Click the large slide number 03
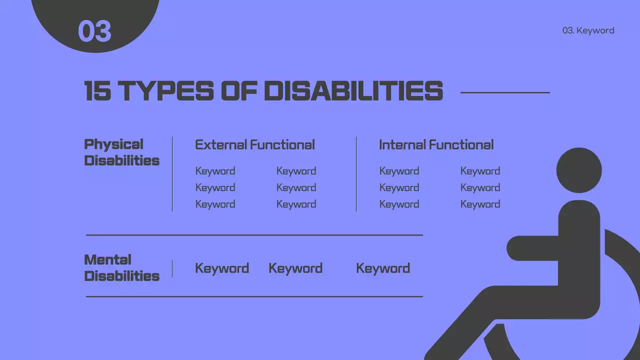click(x=94, y=31)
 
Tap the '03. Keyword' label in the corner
click(x=588, y=30)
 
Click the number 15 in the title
click(x=97, y=91)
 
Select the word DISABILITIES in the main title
click(x=353, y=91)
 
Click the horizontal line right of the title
click(x=504, y=92)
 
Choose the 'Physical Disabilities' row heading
click(x=121, y=152)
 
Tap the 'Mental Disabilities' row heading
click(x=121, y=268)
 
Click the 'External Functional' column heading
click(x=254, y=145)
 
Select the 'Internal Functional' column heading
click(x=436, y=145)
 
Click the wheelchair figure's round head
click(x=579, y=170)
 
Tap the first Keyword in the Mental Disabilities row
click(x=222, y=268)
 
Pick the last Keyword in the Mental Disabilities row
click(x=383, y=268)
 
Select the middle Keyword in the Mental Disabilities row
click(x=295, y=268)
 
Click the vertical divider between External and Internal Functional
click(x=356, y=174)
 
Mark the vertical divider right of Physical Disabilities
click(x=172, y=174)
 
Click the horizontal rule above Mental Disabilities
click(x=254, y=235)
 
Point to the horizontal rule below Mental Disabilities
click(x=254, y=296)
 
